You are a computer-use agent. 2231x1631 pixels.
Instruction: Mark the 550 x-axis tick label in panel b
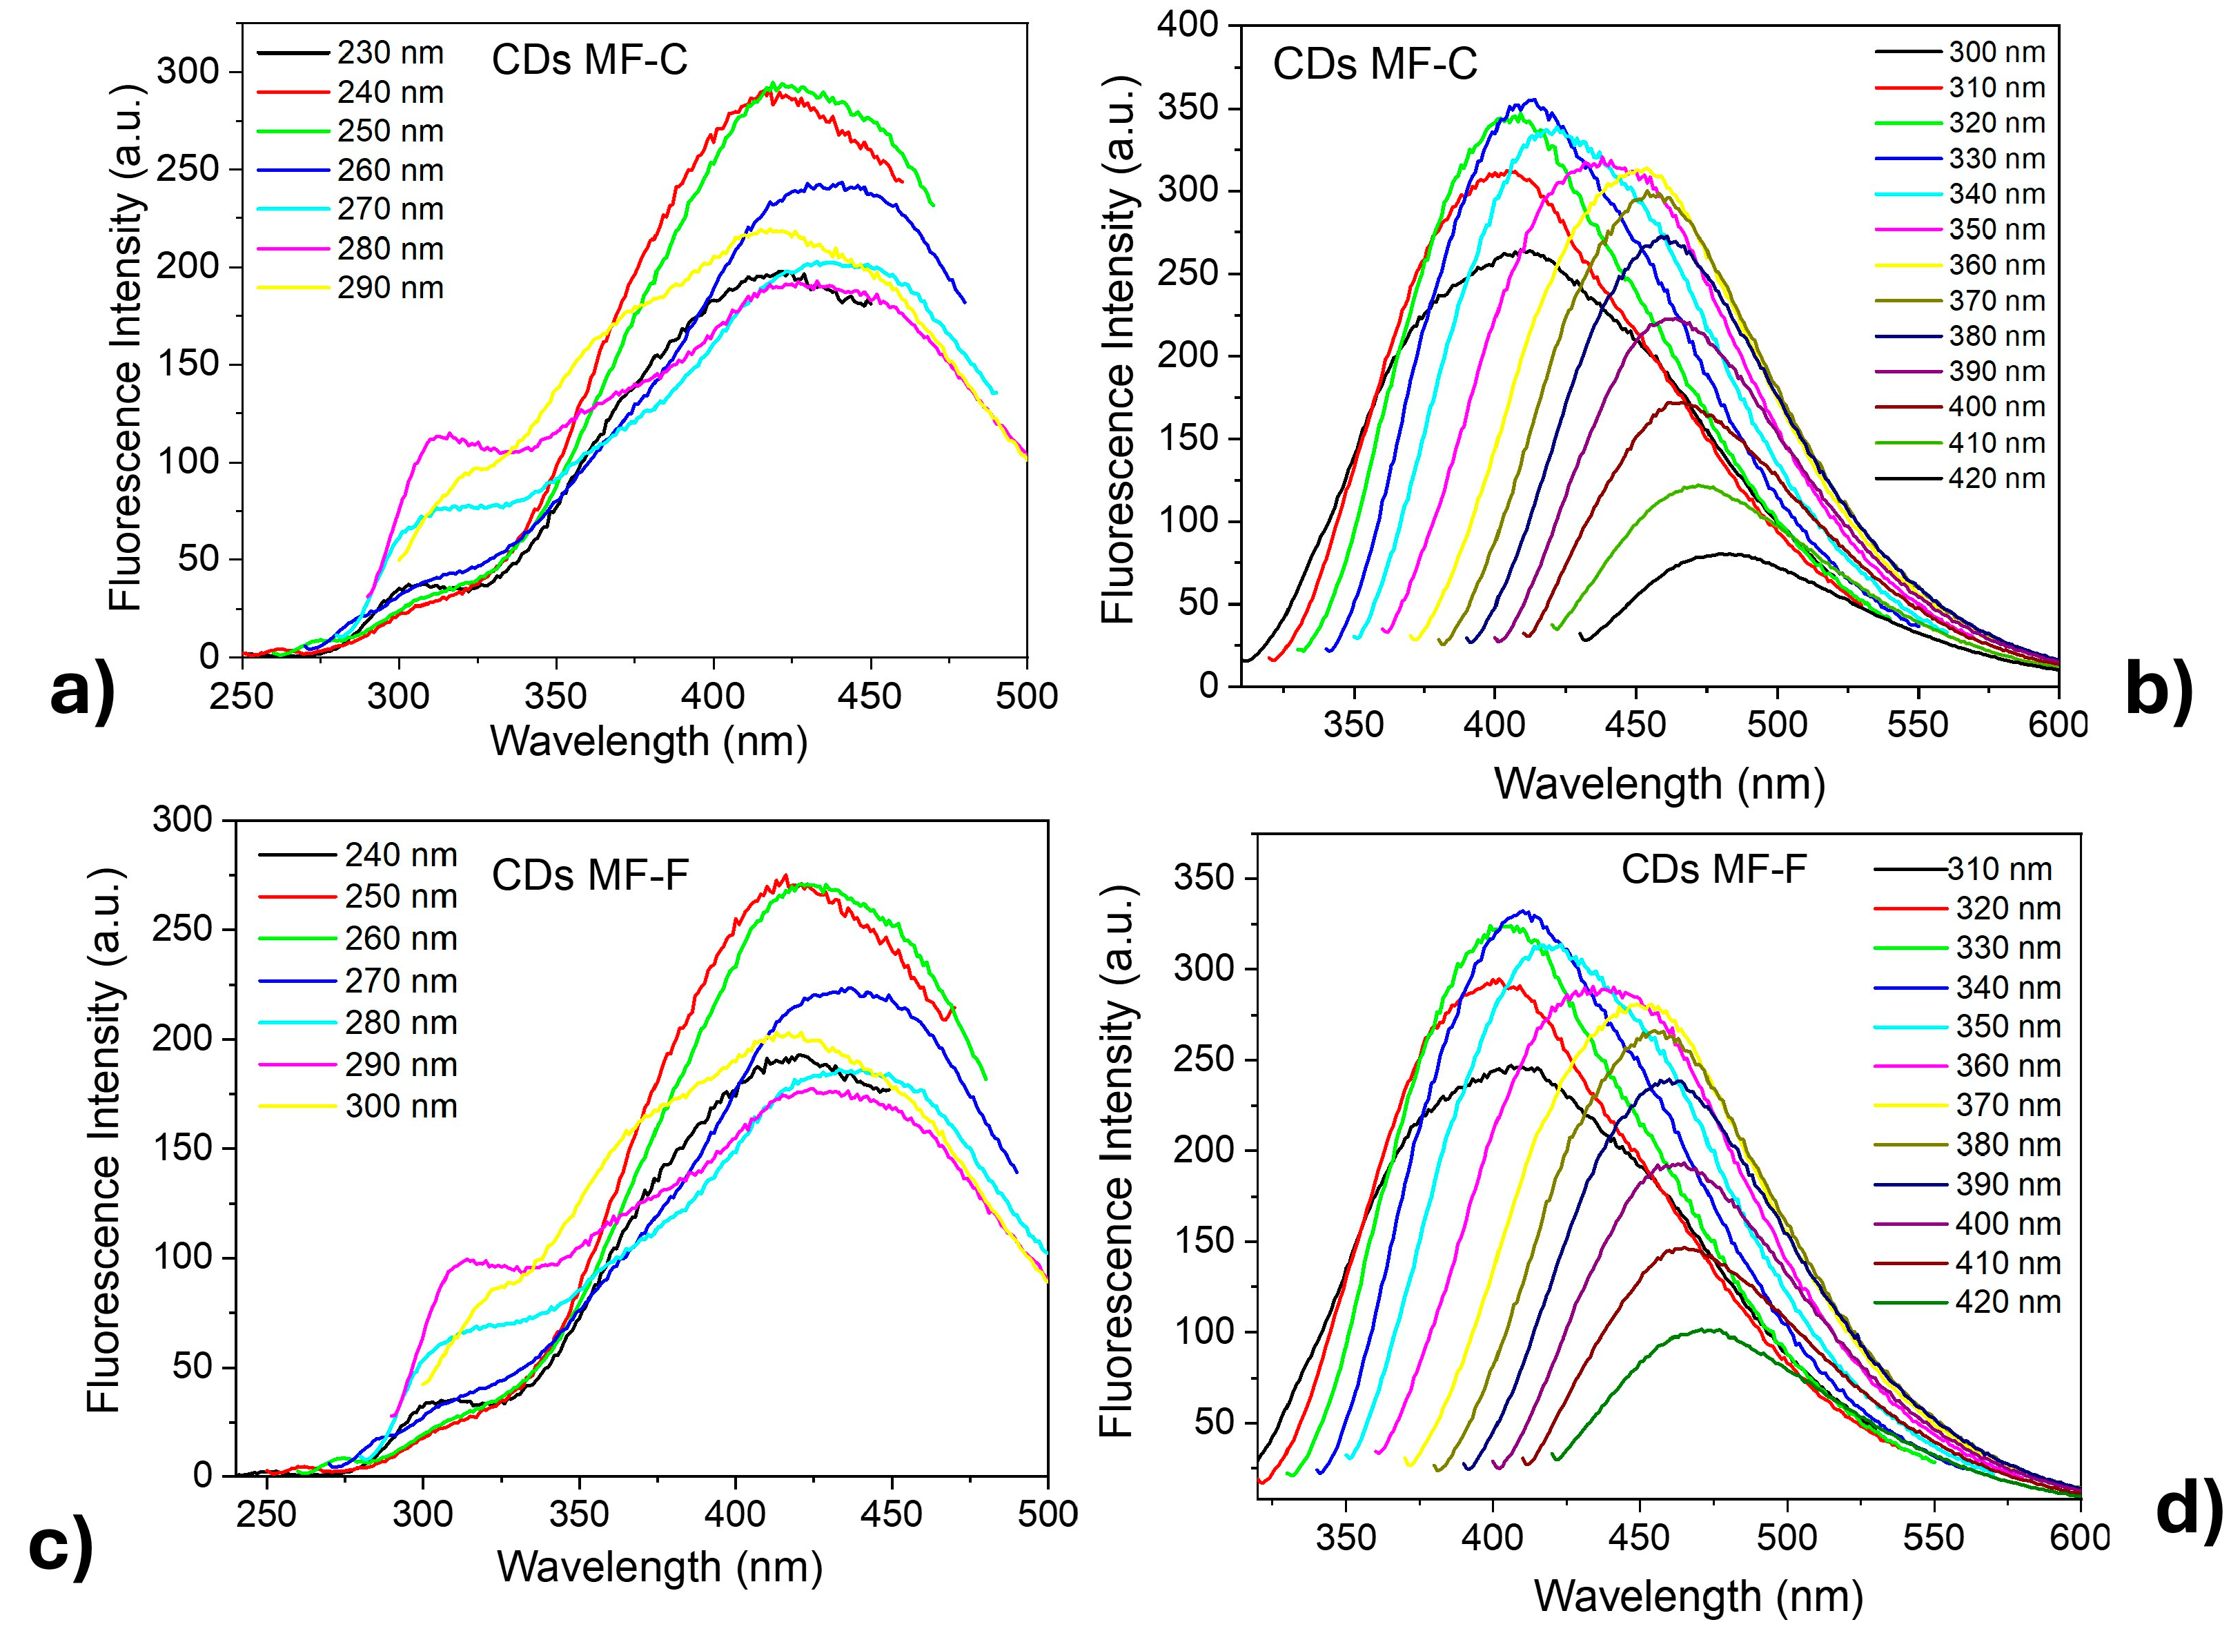pos(1917,725)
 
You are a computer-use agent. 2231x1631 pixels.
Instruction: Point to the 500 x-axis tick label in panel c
pos(1046,1514)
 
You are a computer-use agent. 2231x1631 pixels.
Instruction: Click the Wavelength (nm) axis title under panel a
pos(649,741)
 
